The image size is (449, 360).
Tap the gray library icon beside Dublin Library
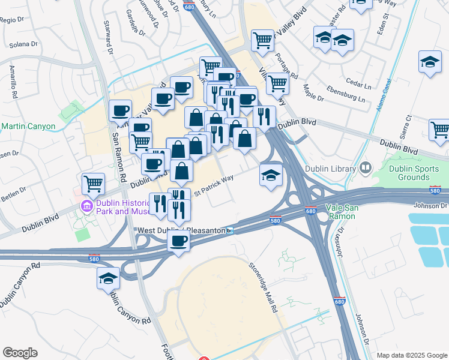pos(365,169)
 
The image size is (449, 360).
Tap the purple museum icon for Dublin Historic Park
pos(86,206)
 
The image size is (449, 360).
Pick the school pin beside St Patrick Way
pos(271,175)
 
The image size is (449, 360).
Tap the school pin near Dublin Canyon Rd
pos(109,278)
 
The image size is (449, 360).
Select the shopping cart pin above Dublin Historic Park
pos(93,183)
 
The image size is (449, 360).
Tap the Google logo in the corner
pos(20,353)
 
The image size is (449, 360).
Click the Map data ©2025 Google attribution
pos(411,355)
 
